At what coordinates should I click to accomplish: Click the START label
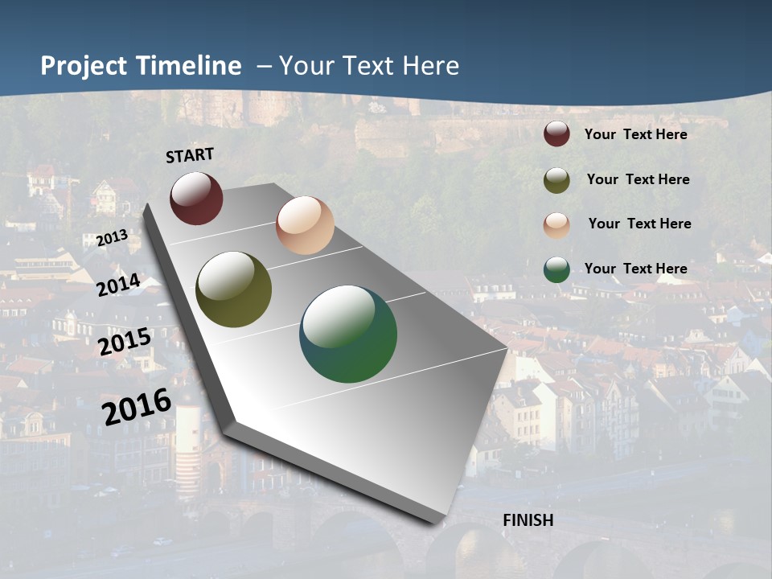point(190,155)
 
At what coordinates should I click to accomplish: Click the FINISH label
point(528,520)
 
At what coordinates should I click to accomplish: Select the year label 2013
point(112,239)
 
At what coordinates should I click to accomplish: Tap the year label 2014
point(118,285)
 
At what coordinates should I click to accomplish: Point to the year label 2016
point(137,406)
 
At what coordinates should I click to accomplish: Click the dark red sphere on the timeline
point(196,198)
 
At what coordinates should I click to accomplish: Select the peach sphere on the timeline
point(305,225)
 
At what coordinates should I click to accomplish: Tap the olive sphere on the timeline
point(234,289)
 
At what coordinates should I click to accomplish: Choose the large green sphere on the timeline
point(348,334)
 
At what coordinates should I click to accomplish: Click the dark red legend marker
point(556,133)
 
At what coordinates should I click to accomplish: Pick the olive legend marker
point(556,180)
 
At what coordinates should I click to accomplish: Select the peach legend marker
point(556,225)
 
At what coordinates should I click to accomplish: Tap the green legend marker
point(556,269)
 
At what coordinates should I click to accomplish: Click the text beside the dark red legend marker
point(635,134)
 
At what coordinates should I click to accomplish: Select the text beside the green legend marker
point(635,269)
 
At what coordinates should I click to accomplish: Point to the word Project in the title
point(85,66)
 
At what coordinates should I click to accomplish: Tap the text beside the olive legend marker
point(638,179)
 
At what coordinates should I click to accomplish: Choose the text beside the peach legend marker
point(639,224)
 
